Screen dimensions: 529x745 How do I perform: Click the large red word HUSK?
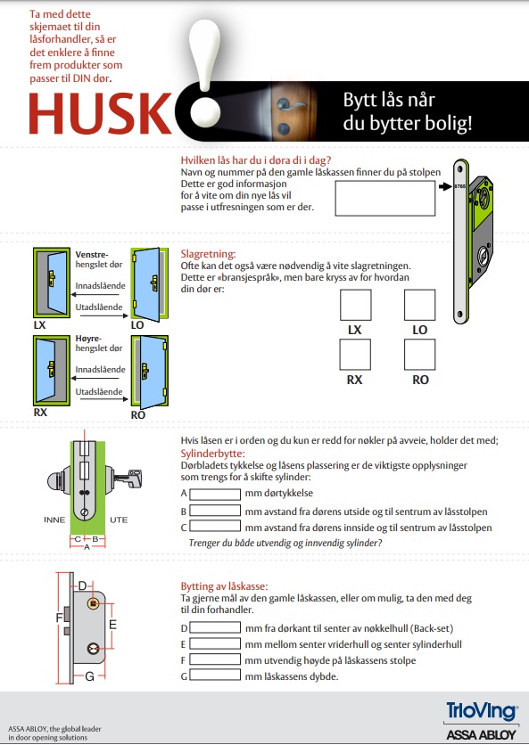101,114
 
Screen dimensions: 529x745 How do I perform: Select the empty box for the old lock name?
384,199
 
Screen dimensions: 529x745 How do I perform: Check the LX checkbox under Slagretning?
355,305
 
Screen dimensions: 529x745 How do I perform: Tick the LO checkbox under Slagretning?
419,305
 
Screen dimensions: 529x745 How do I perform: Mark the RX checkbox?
355,355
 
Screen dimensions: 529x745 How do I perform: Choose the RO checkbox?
419,355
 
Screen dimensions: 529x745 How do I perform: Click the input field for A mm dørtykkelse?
215,494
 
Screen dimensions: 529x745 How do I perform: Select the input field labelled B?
215,511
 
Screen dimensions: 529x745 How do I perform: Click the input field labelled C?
215,526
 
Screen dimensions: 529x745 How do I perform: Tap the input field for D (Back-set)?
215,627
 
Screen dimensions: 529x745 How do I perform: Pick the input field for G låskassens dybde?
215,675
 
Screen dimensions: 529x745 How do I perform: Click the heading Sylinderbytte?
212,454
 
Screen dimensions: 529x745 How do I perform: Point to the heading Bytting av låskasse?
224,585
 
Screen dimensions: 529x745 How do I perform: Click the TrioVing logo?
482,712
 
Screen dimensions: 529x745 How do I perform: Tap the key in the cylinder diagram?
128,479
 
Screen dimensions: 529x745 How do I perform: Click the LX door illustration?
52,282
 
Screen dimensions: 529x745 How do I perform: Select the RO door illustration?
150,371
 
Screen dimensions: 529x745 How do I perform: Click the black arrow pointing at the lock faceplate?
445,187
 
